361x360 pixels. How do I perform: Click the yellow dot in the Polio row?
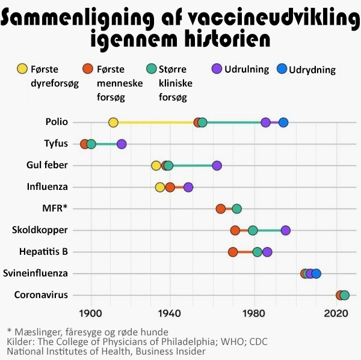113,123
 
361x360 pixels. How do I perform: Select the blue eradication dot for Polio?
283,123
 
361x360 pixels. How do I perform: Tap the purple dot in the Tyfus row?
122,144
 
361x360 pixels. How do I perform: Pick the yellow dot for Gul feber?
156,166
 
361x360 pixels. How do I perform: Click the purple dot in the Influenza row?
188,188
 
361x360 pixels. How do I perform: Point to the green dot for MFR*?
237,209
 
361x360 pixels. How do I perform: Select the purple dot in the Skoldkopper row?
286,230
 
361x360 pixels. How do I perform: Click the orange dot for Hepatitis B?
233,252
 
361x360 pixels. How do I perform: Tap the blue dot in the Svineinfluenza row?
316,273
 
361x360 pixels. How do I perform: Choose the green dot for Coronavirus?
345,295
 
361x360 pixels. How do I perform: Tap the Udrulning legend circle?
217,69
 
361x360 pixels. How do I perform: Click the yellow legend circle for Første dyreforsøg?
23,69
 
